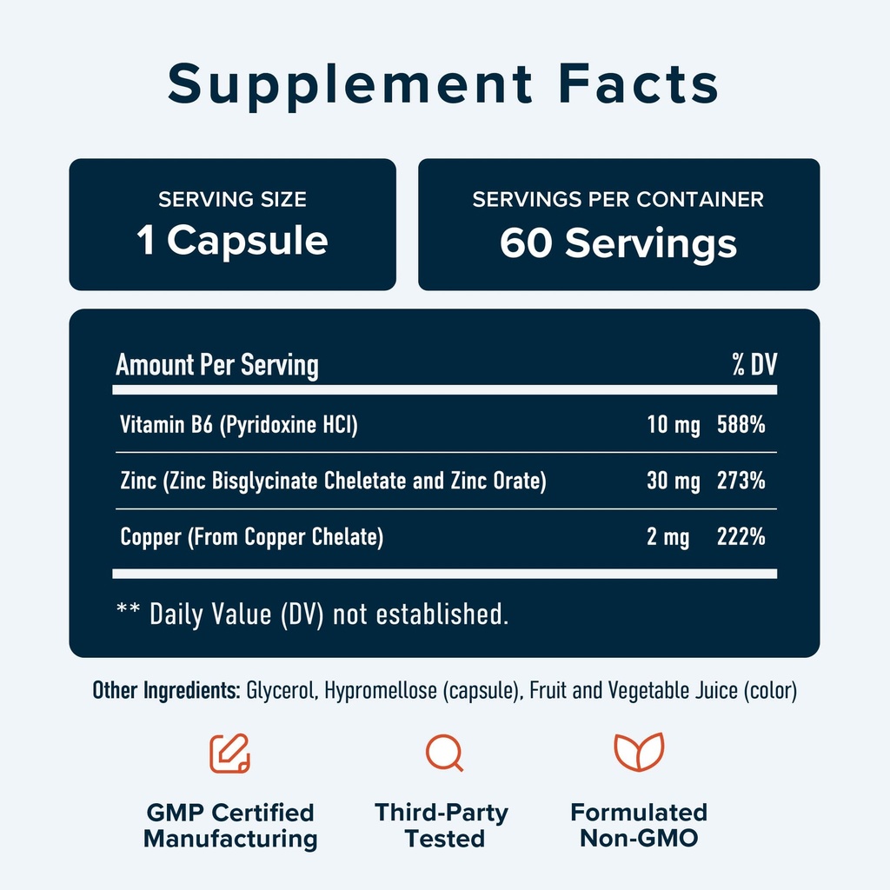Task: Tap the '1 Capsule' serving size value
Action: (x=232, y=241)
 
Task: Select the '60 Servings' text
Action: (x=618, y=243)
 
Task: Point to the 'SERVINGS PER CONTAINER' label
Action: (x=618, y=200)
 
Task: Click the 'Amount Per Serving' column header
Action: (x=217, y=365)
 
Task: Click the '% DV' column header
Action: (x=753, y=365)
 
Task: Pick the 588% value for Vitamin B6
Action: (x=741, y=426)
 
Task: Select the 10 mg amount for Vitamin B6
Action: (x=674, y=426)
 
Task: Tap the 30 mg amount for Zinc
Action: (x=674, y=481)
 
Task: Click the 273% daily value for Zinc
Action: (x=741, y=481)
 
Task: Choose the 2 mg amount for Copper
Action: (x=667, y=537)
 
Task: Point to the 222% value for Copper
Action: (x=741, y=537)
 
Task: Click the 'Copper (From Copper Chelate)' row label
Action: (x=251, y=537)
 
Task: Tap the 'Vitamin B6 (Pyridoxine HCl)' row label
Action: (x=239, y=426)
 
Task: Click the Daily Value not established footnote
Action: (x=312, y=614)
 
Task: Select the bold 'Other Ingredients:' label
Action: (x=166, y=692)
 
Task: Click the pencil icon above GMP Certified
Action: (x=229, y=753)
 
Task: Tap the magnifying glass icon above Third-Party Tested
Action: (x=444, y=753)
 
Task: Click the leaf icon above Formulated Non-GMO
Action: (x=639, y=753)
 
